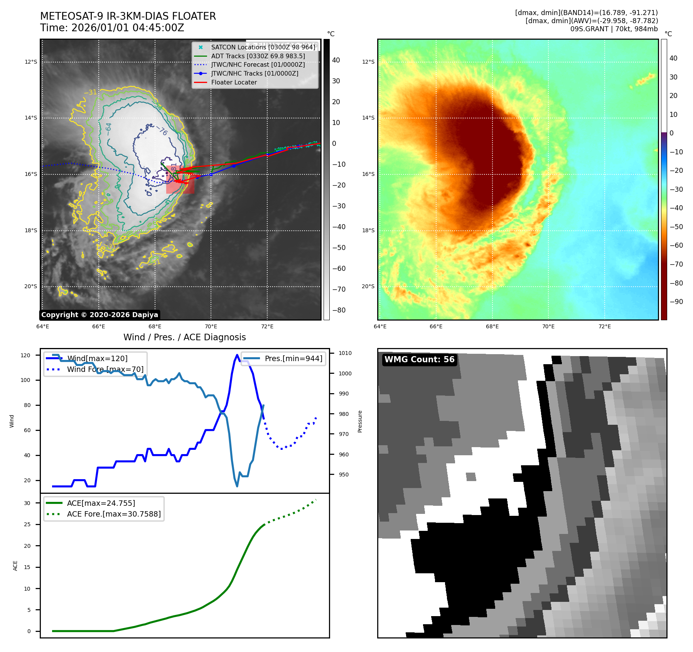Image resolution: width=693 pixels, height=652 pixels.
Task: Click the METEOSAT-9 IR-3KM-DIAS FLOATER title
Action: point(128,16)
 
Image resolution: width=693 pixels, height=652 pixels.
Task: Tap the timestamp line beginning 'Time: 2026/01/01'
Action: point(112,28)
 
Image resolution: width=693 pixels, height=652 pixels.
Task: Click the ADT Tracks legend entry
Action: point(258,56)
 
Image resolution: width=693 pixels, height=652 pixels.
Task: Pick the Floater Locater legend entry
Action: point(234,82)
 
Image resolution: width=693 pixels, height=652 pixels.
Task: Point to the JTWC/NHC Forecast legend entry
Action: point(258,64)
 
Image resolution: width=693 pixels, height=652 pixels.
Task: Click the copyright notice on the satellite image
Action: point(99,315)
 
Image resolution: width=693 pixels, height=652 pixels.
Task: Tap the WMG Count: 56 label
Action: point(419,360)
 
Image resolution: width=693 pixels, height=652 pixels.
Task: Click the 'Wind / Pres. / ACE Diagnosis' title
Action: point(184,337)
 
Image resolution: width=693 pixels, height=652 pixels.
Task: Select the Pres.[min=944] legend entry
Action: point(293,358)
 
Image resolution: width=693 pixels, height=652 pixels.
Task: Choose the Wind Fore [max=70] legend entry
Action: point(105,369)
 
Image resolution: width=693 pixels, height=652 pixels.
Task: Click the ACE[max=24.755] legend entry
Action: point(101,503)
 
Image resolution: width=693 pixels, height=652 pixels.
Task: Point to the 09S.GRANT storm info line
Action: point(614,29)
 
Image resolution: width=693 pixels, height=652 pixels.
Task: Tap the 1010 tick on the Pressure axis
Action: point(345,353)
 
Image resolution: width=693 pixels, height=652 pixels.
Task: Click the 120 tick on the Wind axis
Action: point(25,355)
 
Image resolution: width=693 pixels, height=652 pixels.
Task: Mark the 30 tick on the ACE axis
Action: point(27,503)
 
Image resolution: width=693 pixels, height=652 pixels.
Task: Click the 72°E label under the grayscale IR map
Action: point(267,326)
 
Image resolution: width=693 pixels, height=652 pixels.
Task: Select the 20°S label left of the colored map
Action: point(368,286)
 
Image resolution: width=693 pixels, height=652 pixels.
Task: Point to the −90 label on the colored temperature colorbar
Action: point(676,302)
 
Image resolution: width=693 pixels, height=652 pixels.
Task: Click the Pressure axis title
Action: point(360,421)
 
